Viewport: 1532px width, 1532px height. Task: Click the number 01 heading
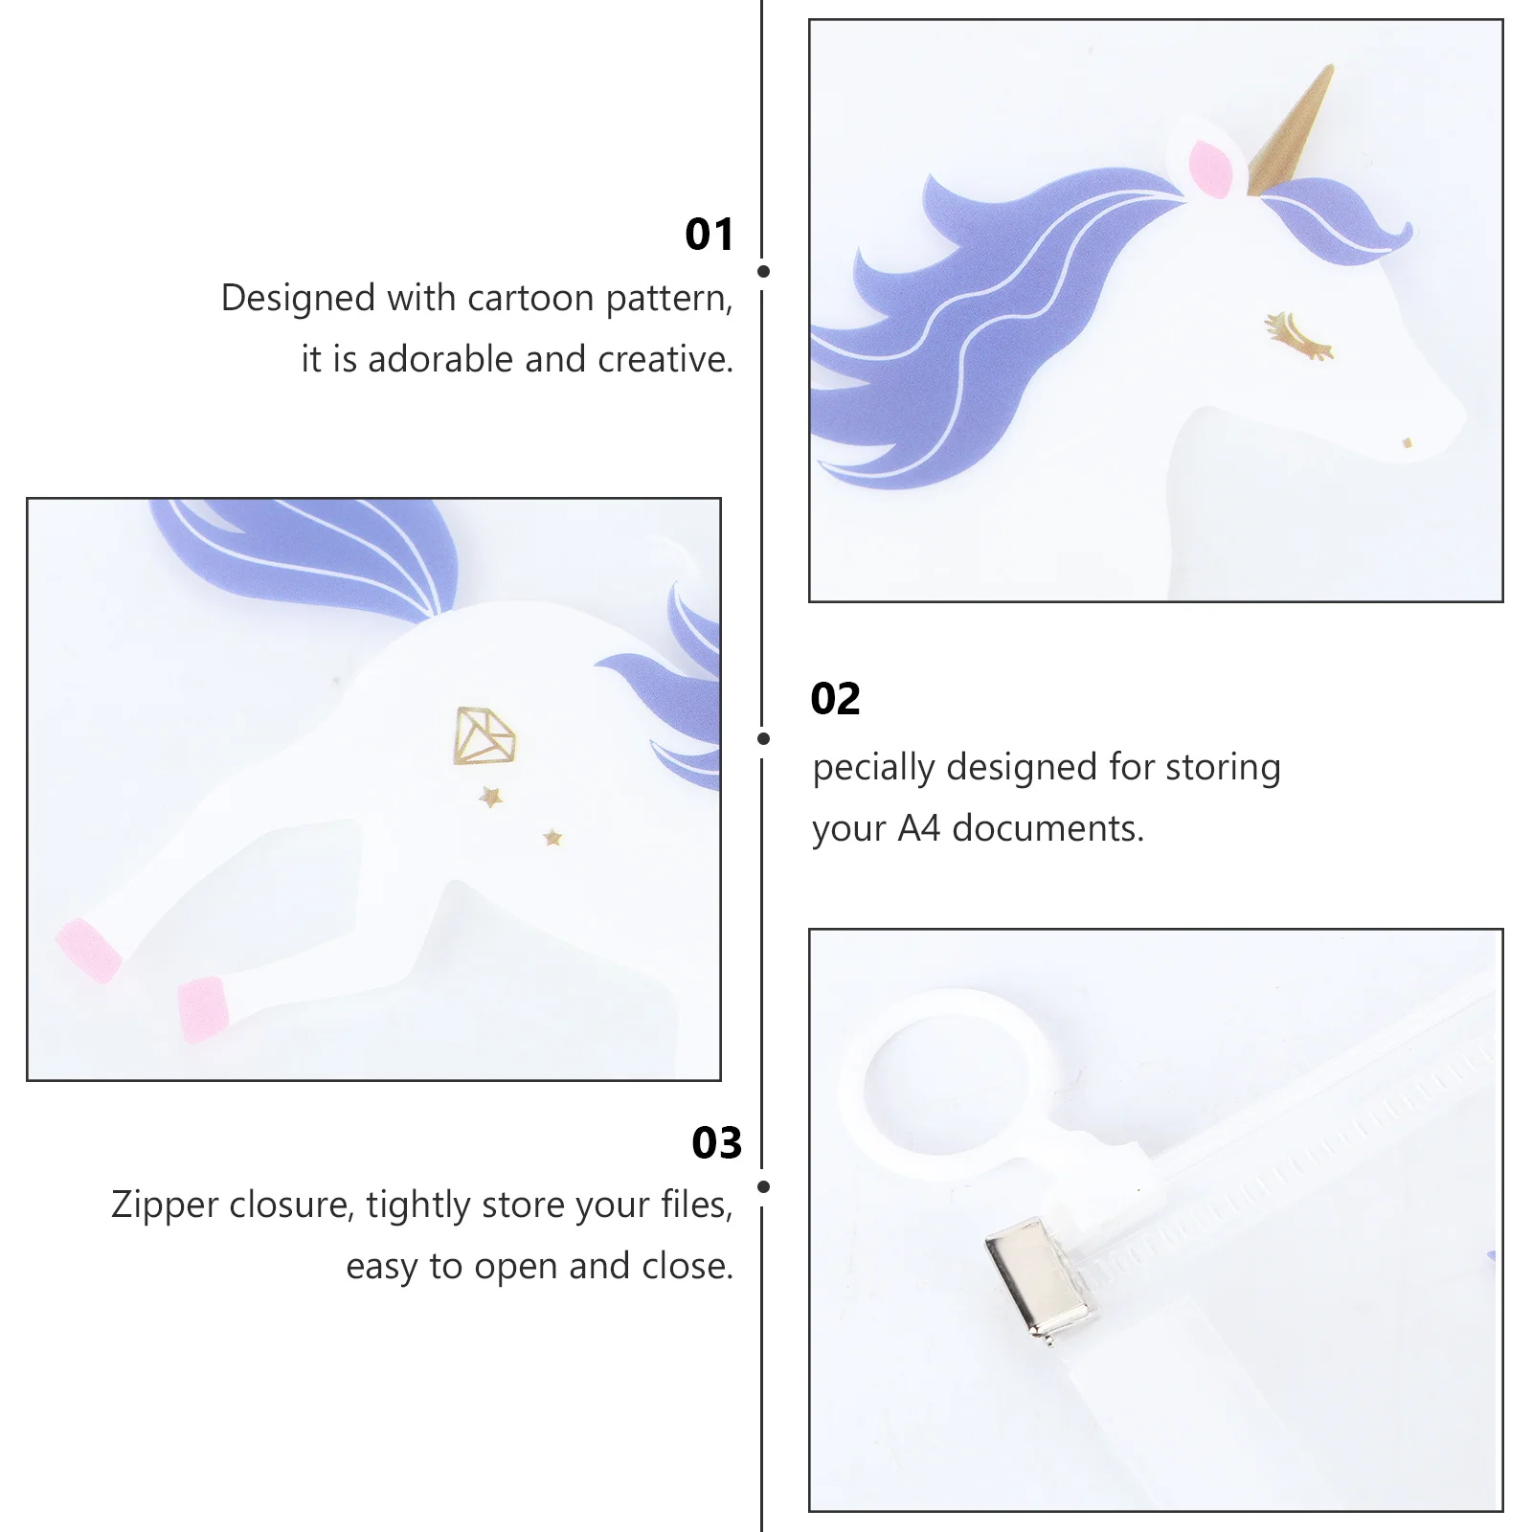coord(710,235)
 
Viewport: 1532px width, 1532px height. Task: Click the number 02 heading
coord(836,699)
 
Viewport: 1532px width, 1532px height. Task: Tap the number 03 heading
coord(717,1143)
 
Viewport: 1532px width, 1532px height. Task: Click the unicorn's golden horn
coord(1294,131)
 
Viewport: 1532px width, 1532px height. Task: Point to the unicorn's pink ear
coord(1210,169)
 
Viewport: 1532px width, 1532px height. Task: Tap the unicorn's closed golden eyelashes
coord(1298,335)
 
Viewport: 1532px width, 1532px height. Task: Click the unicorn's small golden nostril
coord(1407,442)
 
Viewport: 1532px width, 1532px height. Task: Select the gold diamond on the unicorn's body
coord(484,735)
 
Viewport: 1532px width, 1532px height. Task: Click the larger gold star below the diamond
coord(491,796)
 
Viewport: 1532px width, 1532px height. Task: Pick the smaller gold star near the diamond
coord(552,838)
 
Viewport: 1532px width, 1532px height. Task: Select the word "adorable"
coord(442,359)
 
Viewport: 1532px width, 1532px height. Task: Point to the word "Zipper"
coord(165,1205)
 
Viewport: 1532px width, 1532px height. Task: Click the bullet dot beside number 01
coord(763,272)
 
